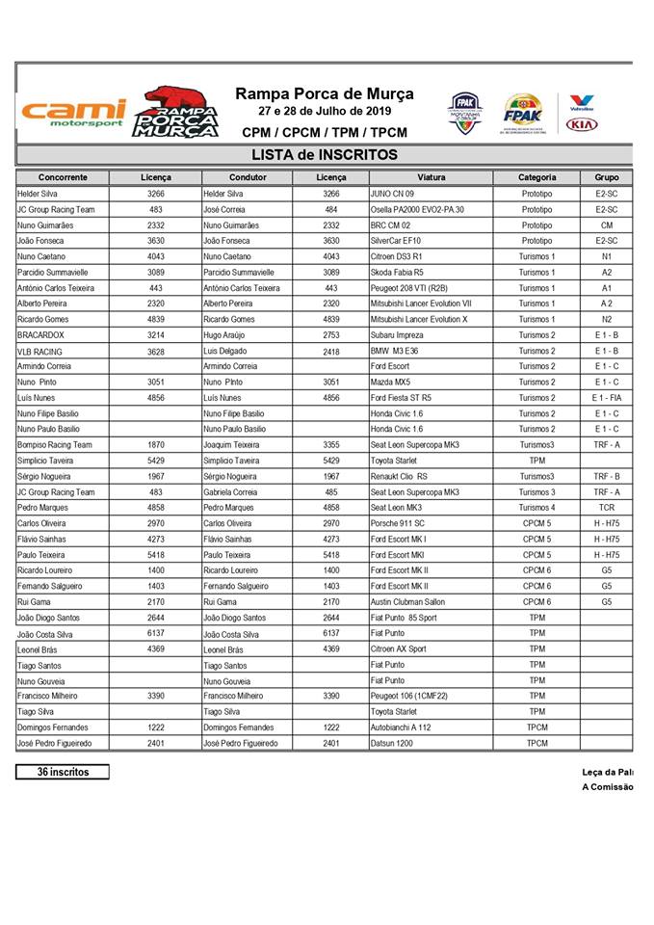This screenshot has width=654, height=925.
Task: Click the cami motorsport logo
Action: tap(72, 114)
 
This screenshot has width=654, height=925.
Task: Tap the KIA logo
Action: tap(582, 124)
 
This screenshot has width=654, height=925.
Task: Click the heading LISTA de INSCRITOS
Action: tap(324, 155)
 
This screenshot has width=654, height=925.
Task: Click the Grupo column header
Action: tap(607, 177)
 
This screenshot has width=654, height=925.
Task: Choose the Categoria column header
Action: tap(536, 177)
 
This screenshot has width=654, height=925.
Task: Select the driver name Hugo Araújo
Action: tap(228, 334)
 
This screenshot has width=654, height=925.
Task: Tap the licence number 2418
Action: tap(331, 351)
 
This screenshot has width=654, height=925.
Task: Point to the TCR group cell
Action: tap(607, 507)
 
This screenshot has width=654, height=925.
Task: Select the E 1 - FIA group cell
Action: tap(607, 398)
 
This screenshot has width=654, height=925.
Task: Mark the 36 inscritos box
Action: tap(62, 772)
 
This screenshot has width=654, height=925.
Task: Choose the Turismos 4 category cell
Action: tap(536, 507)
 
